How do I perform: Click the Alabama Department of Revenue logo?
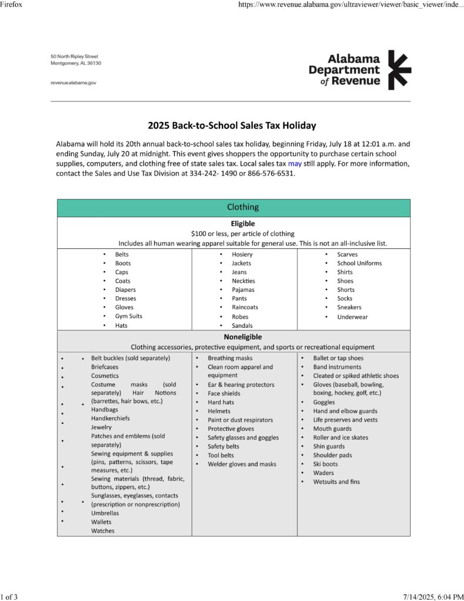pos(360,70)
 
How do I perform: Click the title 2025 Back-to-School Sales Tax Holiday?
pos(232,125)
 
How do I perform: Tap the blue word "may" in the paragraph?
pos(294,164)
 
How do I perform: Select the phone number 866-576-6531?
pos(271,174)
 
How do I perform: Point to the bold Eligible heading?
pos(242,224)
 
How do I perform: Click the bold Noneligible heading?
pos(242,337)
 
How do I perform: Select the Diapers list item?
pos(125,289)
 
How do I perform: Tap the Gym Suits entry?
pos(128,316)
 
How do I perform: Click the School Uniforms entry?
pos(359,263)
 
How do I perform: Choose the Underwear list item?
pos(352,317)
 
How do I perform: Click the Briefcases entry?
pos(104,367)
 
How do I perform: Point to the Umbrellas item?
pos(104,513)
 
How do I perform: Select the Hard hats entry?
pos(221,402)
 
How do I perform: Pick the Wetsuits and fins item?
pos(336,482)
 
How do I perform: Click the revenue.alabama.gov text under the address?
pos(73,83)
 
